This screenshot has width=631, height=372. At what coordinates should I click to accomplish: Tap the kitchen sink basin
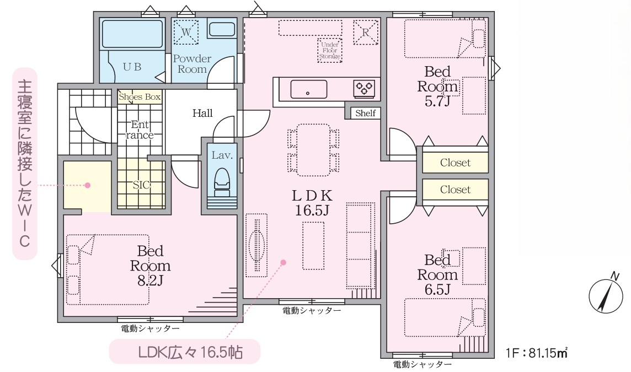(x=308, y=89)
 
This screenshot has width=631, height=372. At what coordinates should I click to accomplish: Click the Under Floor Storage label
(x=330, y=50)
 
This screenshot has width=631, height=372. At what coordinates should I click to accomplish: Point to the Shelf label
(x=365, y=113)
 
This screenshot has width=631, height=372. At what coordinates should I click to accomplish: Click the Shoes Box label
(x=140, y=96)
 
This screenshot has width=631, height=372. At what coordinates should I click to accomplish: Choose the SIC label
(x=141, y=185)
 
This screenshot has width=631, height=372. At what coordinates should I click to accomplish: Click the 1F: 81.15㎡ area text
(x=537, y=353)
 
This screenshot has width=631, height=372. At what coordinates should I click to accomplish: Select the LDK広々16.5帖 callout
(x=185, y=352)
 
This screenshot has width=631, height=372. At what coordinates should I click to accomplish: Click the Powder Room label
(x=192, y=64)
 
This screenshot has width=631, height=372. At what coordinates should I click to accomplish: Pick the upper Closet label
(x=455, y=163)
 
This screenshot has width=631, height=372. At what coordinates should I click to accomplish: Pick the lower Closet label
(x=455, y=190)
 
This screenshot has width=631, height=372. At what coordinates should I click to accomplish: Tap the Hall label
(x=202, y=113)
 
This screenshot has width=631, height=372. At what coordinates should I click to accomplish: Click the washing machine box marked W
(x=186, y=32)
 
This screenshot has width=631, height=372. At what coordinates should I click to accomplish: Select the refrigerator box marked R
(x=366, y=32)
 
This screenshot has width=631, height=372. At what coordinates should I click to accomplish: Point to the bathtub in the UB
(x=132, y=34)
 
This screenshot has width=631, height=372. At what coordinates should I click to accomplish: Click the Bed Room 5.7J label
(x=437, y=87)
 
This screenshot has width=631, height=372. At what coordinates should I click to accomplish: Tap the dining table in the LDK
(x=313, y=150)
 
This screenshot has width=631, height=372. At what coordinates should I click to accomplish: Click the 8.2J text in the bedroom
(x=150, y=281)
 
